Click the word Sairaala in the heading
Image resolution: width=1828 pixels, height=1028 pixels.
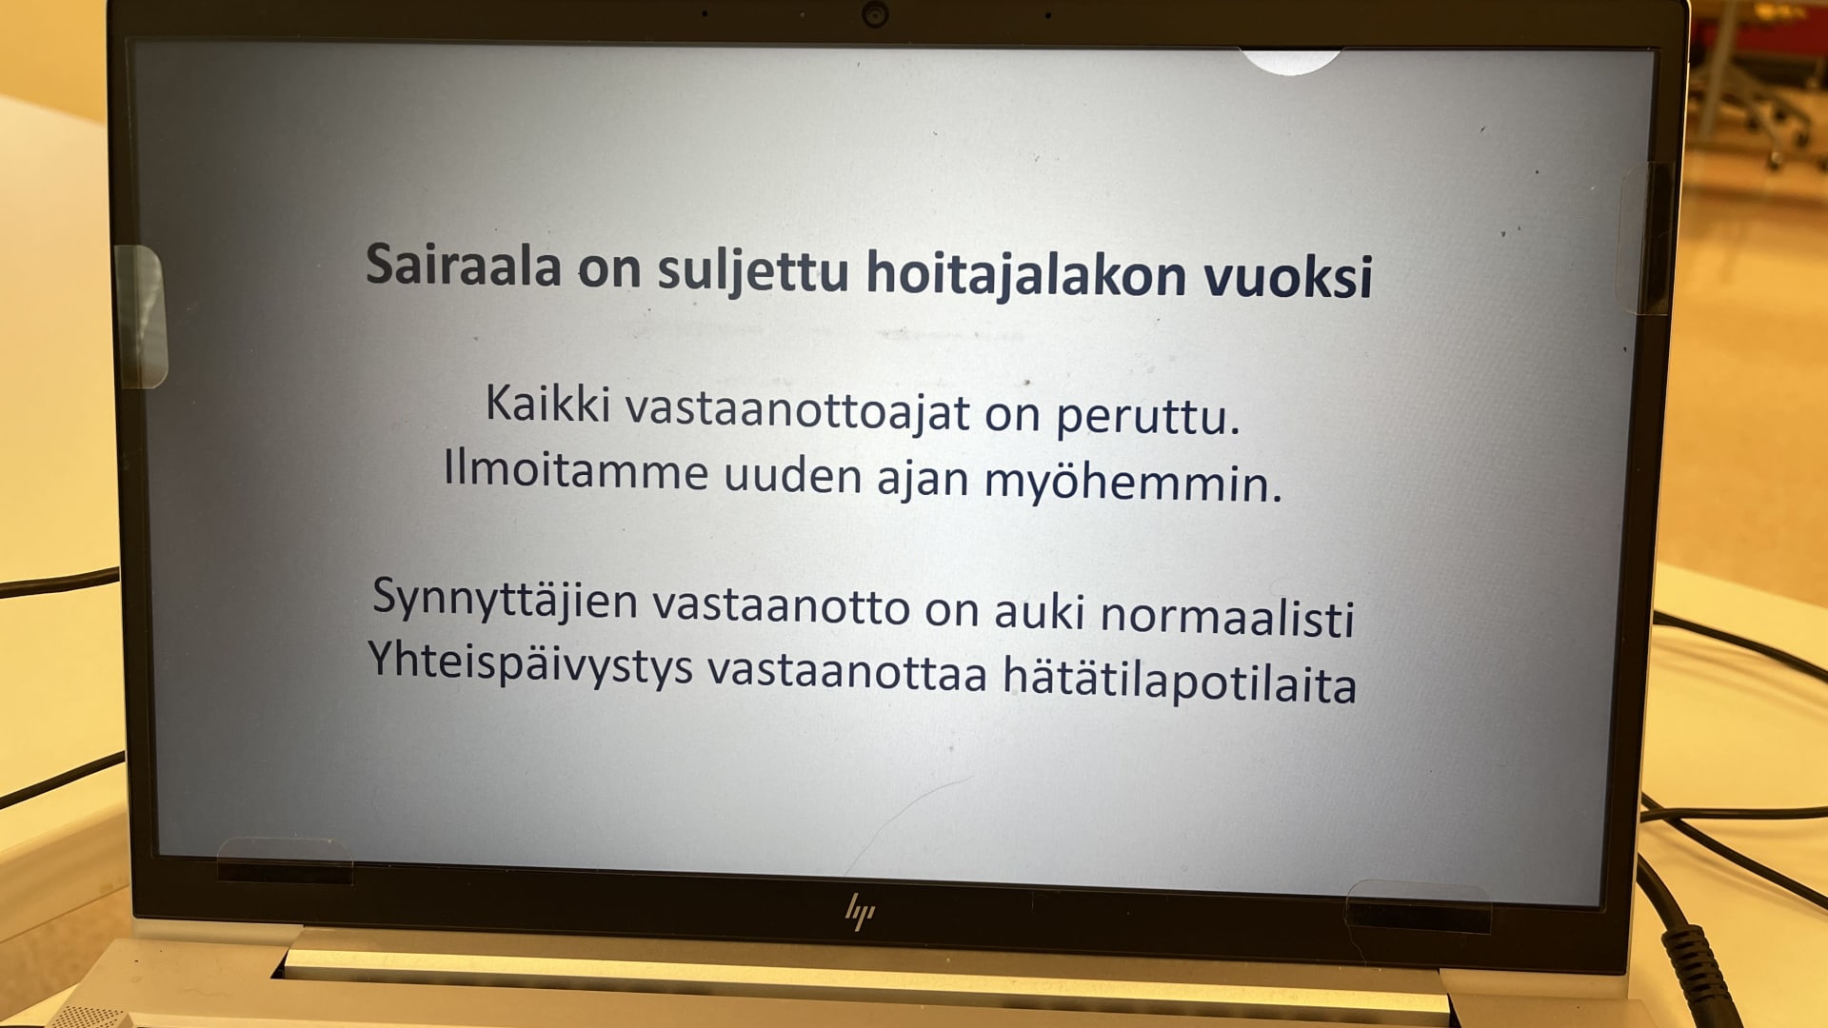(x=464, y=264)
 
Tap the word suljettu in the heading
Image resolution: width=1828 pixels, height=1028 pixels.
(x=752, y=271)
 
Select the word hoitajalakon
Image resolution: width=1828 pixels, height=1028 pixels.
(x=1026, y=275)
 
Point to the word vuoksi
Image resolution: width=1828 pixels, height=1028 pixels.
(x=1288, y=277)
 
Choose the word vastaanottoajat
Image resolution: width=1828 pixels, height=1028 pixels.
(x=798, y=412)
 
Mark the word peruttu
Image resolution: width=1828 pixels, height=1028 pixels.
(x=1147, y=417)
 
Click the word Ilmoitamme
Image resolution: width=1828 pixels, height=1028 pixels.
(x=576, y=470)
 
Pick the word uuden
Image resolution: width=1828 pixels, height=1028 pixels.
(x=793, y=475)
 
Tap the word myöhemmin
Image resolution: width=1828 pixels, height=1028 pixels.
(x=1133, y=482)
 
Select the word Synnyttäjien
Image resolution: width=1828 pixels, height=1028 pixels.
(x=505, y=601)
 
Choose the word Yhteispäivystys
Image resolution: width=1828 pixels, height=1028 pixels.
(x=530, y=663)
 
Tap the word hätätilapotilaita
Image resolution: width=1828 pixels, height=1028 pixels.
(x=1180, y=680)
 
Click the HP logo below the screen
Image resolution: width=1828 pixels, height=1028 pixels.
(x=861, y=911)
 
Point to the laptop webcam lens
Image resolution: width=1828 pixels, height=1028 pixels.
(x=875, y=14)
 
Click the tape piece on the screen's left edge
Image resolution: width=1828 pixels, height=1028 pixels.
(x=141, y=317)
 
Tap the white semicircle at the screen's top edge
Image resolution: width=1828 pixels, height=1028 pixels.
(x=1290, y=61)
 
